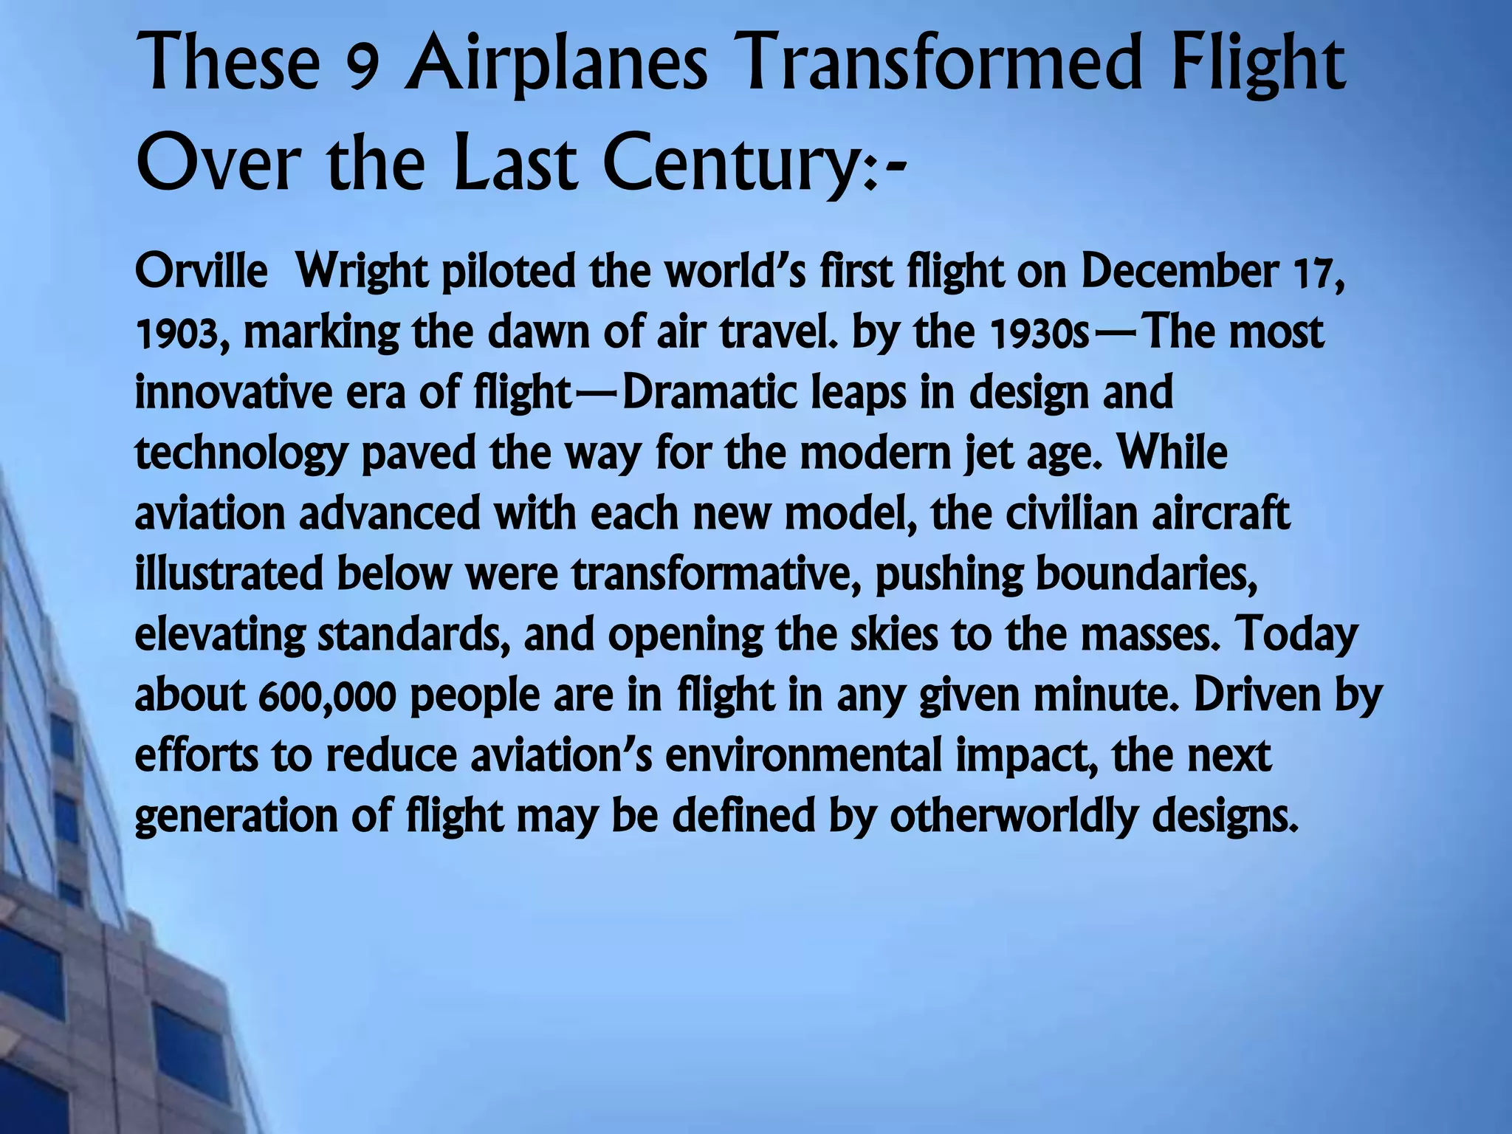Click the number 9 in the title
point(362,68)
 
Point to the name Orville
point(201,272)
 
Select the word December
point(1180,272)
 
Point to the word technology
point(241,455)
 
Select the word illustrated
point(229,574)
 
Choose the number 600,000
point(328,697)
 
